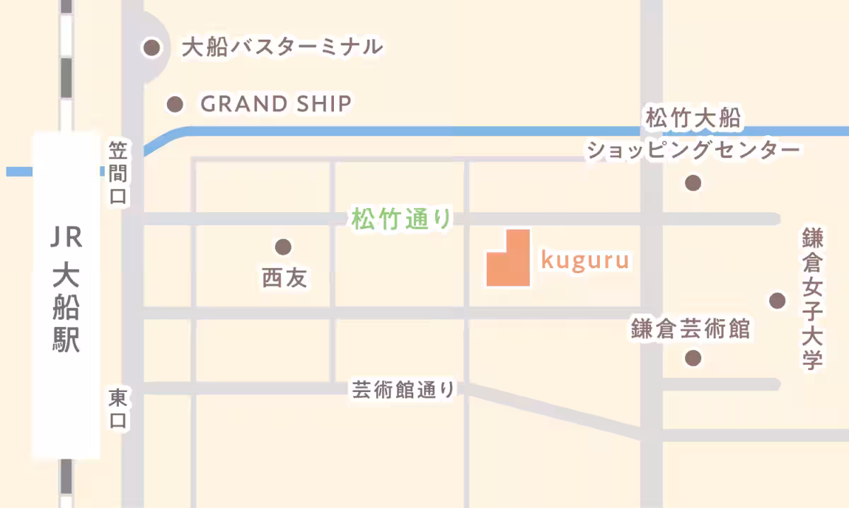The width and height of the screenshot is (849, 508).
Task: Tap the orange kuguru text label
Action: point(585,260)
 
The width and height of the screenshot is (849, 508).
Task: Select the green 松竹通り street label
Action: point(401,219)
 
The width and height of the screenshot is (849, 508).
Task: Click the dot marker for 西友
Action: point(283,247)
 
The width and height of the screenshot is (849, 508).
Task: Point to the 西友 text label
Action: point(284,278)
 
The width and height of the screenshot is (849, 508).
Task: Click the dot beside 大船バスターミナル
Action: point(151,48)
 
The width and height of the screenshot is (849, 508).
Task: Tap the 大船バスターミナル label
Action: point(282,48)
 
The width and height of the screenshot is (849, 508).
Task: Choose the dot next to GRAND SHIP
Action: point(175,105)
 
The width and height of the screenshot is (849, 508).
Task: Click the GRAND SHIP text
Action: point(276,105)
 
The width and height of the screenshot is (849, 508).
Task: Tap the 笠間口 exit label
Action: point(117,173)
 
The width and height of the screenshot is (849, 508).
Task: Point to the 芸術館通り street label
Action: point(403,389)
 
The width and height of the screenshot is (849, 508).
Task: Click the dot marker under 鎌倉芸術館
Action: point(693,358)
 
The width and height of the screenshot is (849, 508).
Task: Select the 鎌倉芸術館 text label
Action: point(690,329)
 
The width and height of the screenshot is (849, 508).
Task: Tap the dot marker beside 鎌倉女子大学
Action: point(778,301)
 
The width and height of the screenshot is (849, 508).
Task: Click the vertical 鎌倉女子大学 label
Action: point(813,299)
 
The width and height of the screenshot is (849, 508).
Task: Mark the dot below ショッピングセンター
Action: point(693,183)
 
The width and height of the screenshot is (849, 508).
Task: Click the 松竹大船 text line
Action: point(693,118)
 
